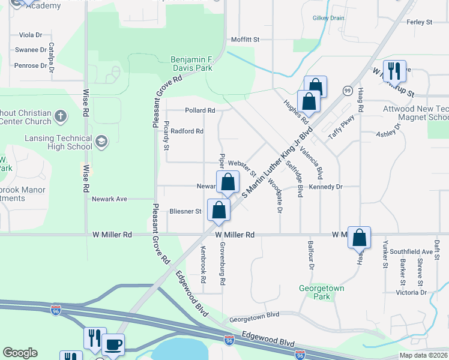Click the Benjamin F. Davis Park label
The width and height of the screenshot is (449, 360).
tap(191, 64)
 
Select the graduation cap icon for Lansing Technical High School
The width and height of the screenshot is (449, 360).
tap(101, 142)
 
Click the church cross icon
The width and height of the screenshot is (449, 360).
tap(60, 115)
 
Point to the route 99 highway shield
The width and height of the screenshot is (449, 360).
tap(348, 90)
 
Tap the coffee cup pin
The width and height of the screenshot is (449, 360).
tap(113, 345)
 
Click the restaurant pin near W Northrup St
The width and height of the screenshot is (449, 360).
tap(394, 71)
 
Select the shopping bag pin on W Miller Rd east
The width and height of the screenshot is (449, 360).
tap(359, 238)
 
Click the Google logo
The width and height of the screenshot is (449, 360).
tap(20, 353)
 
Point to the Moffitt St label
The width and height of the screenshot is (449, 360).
tap(245, 40)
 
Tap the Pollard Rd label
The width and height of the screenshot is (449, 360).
tap(200, 110)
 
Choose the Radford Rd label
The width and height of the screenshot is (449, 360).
tap(187, 131)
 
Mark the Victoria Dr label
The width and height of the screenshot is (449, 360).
tap(411, 293)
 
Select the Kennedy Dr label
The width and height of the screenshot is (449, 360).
tap(325, 187)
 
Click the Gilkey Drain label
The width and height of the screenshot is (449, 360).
tap(328, 18)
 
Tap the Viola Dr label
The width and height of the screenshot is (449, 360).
tap(31, 35)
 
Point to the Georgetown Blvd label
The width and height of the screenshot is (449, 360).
tap(255, 314)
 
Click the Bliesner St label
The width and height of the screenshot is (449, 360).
tap(185, 211)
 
